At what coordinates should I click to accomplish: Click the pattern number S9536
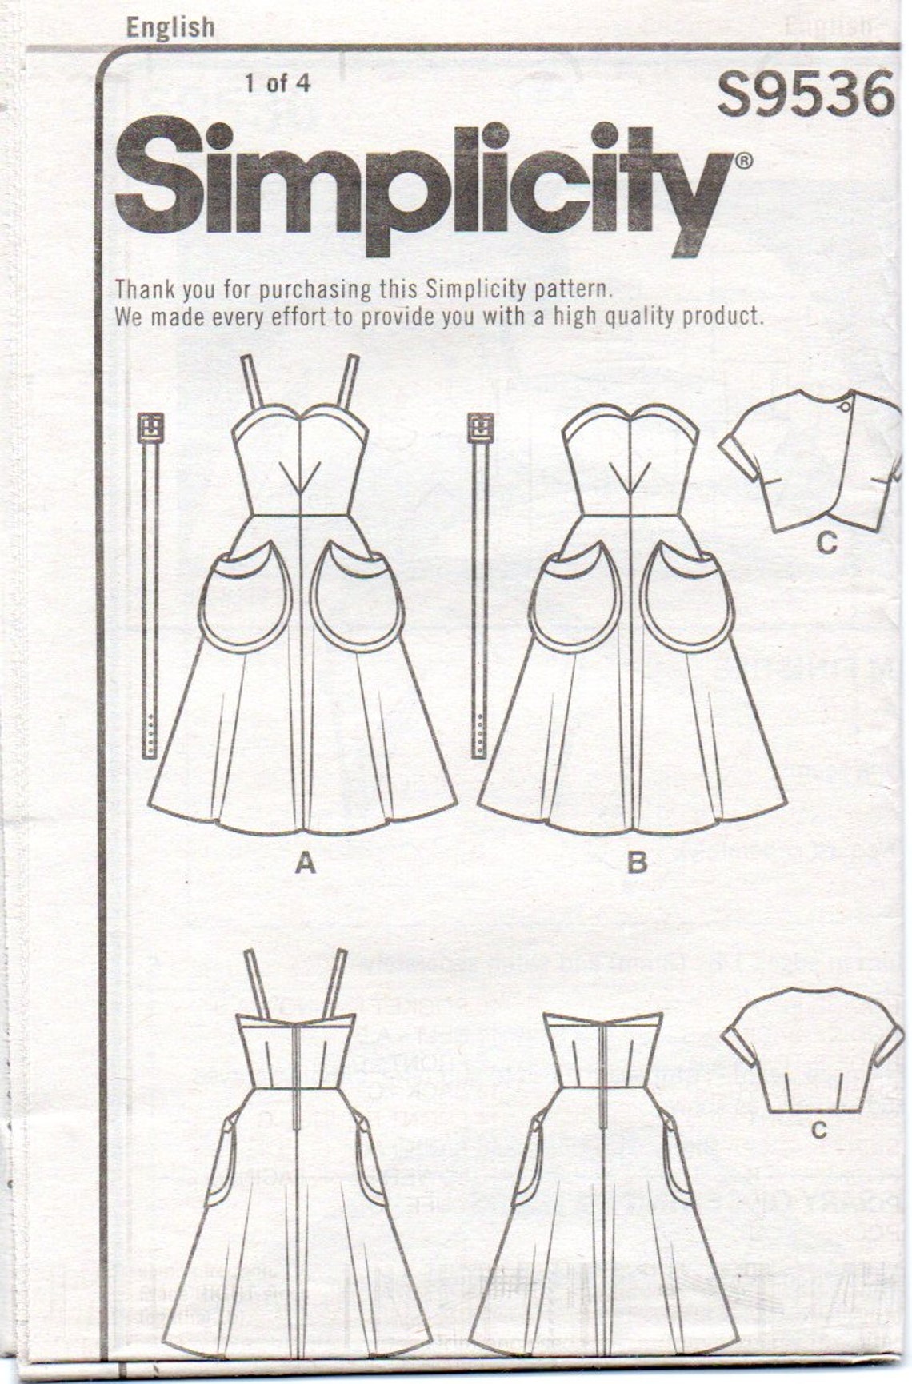(x=804, y=94)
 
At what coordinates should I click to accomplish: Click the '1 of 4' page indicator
(x=277, y=83)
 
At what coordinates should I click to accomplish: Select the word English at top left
(x=170, y=28)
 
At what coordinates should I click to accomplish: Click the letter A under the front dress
(x=305, y=864)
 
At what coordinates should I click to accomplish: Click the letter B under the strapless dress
(x=637, y=864)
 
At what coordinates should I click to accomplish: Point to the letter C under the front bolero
(x=826, y=544)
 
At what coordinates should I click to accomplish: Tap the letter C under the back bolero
(x=818, y=1130)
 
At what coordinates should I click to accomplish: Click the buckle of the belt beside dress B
(x=481, y=428)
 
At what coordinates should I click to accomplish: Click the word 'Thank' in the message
(x=144, y=288)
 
